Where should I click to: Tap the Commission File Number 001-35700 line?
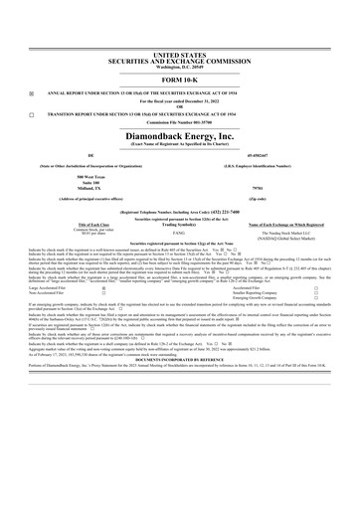coord(180,122)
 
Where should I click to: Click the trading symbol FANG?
coord(179,234)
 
